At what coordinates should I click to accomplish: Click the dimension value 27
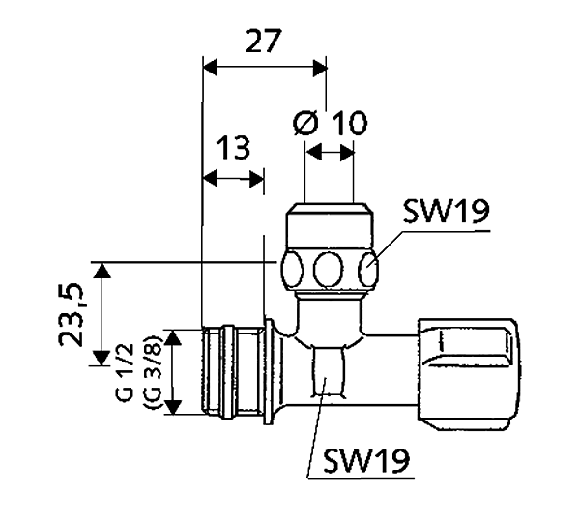[x=263, y=41]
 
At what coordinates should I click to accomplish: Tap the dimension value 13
[x=233, y=148]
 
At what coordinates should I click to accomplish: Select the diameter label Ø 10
[x=331, y=123]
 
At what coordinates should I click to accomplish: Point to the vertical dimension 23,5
[x=71, y=315]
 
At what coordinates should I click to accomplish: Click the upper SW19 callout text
[x=446, y=212]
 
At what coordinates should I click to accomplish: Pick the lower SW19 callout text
[x=366, y=460]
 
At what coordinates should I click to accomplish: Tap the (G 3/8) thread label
[x=152, y=372]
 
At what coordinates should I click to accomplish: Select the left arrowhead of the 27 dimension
[x=210, y=68]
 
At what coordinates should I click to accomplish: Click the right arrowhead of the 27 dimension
[x=320, y=69]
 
